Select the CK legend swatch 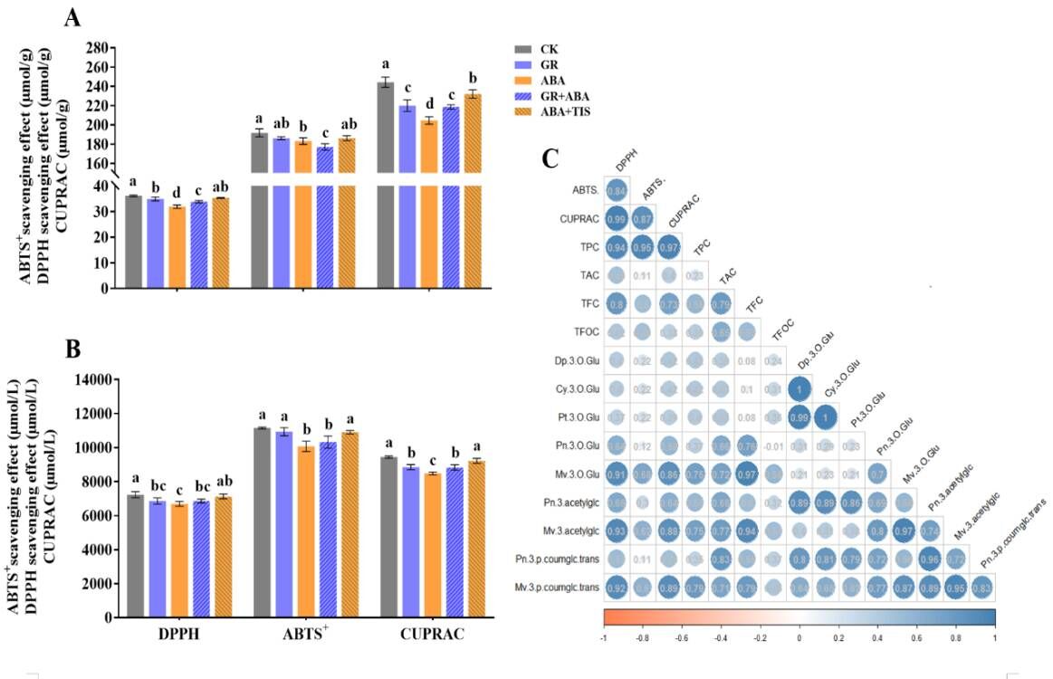pos(522,50)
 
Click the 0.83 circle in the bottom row pos(981,588)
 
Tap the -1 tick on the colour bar pos(604,637)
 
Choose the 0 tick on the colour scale pos(799,637)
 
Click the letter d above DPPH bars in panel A pos(177,192)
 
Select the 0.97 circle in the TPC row pos(669,245)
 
